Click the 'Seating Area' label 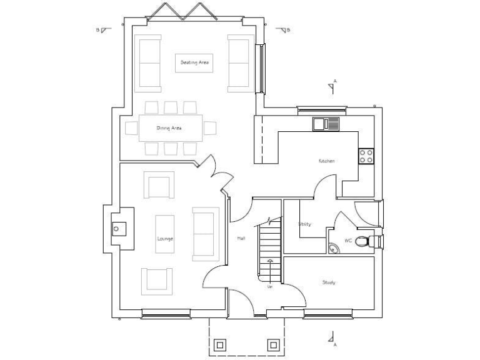coord(194,62)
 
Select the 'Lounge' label coord(165,239)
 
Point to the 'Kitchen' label coord(326,161)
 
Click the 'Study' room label coord(329,282)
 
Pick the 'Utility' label coord(305,224)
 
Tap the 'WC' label coord(348,240)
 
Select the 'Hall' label coord(241,239)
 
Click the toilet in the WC coord(369,242)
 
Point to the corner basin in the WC coord(333,247)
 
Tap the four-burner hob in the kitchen coord(366,156)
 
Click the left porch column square coord(220,344)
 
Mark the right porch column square coord(273,344)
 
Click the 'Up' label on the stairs coord(270,286)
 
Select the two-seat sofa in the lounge coord(205,234)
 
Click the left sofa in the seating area coord(149,62)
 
